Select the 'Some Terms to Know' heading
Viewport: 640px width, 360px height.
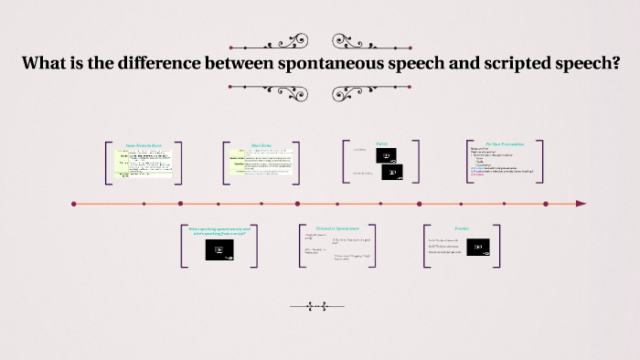(x=143, y=144)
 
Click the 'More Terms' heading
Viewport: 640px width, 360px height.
(x=262, y=144)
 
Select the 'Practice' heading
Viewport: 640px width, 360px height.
(x=462, y=228)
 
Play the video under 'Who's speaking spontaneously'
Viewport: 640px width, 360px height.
(x=218, y=252)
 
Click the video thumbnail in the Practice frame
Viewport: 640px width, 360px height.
(x=478, y=246)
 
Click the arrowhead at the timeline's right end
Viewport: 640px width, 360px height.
(x=581, y=204)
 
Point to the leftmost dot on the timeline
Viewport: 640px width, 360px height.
(x=74, y=204)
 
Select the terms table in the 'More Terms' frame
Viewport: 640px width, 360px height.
(x=262, y=164)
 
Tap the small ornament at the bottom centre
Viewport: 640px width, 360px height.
(x=319, y=307)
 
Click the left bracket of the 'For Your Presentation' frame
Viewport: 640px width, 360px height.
(x=465, y=162)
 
